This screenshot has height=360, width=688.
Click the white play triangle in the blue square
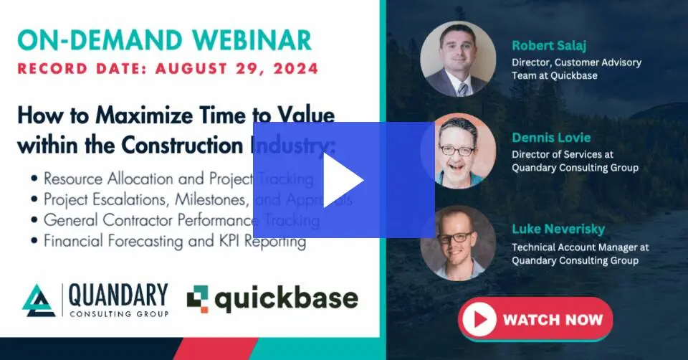343,180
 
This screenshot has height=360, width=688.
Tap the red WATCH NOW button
535,318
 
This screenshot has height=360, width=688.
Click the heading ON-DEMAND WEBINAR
164,39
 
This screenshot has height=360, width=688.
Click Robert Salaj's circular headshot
457,59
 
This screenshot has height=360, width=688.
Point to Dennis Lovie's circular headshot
457,150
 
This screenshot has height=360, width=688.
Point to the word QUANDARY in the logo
119,295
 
